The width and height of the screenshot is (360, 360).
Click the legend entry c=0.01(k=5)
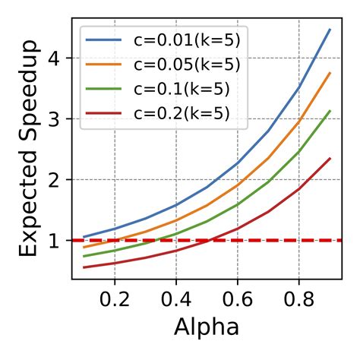[186, 39]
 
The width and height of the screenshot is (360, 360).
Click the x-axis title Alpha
[207, 327]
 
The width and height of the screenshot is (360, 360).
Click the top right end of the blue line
[330, 30]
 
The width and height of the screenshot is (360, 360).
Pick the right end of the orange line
[330, 73]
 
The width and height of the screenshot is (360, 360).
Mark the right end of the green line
[330, 111]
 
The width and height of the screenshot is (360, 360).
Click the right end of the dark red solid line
[330, 159]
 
